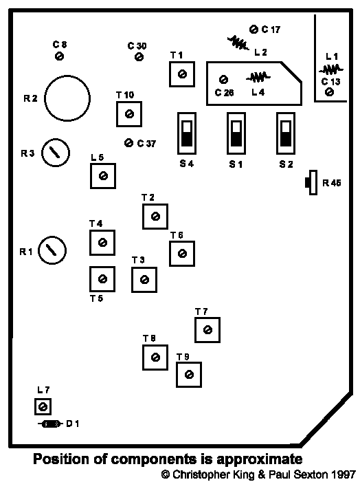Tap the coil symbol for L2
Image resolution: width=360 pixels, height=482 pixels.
tap(238, 43)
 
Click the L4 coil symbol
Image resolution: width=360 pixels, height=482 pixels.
tap(258, 78)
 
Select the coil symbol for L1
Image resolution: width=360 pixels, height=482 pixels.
tap(331, 69)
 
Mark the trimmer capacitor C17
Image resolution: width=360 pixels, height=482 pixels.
tap(254, 29)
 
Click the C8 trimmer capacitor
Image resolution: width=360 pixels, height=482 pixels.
tap(59, 56)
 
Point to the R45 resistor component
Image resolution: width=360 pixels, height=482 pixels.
tap(311, 182)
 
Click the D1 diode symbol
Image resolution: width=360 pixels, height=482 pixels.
tap(50, 424)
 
